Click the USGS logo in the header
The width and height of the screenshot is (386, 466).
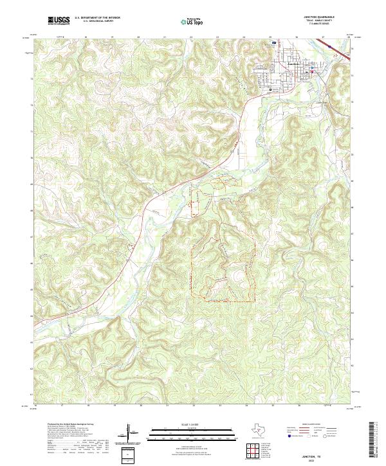pos(59,21)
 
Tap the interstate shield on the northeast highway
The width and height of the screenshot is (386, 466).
pos(330,46)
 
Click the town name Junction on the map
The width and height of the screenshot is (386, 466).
pos(293,63)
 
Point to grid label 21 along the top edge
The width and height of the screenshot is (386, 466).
pos(165,37)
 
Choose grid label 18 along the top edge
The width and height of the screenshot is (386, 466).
pos(86,37)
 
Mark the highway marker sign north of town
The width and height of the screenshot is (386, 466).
pos(273,42)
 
